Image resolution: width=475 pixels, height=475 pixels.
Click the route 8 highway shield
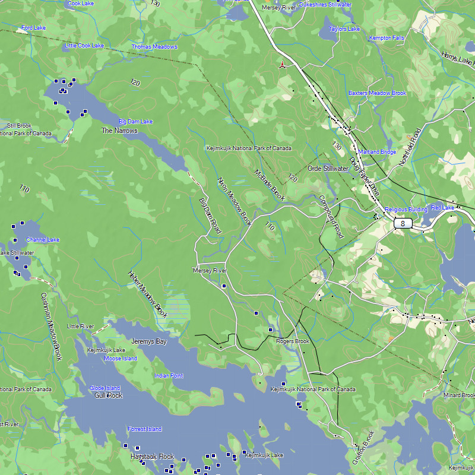(403, 223)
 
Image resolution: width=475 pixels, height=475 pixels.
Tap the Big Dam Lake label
(135, 122)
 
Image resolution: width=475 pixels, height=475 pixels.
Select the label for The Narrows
(119, 131)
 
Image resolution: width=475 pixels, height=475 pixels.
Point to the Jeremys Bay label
(149, 342)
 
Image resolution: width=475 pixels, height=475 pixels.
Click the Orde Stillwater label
(328, 169)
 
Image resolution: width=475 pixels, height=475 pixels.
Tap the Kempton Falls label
(387, 38)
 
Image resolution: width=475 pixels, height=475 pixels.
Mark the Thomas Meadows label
(154, 47)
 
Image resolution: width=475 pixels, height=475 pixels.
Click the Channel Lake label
(43, 240)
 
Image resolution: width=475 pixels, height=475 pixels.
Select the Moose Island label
(121, 359)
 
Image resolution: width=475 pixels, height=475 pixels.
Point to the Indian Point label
(169, 376)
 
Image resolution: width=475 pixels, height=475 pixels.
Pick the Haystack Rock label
(153, 457)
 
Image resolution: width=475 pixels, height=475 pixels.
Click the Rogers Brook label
(293, 341)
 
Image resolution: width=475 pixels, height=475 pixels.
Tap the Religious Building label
(406, 210)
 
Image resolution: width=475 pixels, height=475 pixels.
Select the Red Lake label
(442, 208)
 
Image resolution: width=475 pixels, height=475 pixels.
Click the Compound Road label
(331, 217)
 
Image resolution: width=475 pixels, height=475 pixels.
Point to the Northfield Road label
(410, 147)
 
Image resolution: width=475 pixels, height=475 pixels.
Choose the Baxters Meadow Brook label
(377, 93)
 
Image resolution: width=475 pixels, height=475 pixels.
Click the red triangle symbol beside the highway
(283, 65)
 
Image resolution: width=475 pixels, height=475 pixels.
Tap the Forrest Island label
(145, 429)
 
